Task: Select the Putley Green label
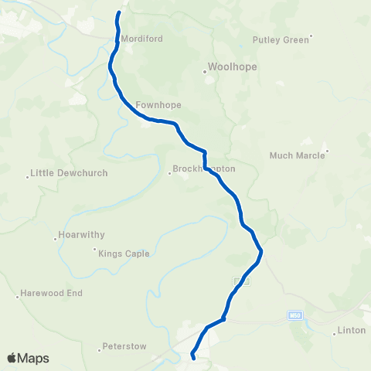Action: pyautogui.click(x=280, y=39)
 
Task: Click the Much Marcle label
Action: pyautogui.click(x=295, y=155)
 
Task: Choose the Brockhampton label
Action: pyautogui.click(x=204, y=168)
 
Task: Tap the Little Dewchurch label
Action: pyautogui.click(x=68, y=173)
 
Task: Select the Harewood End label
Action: pyautogui.click(x=52, y=294)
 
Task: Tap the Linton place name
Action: pyautogui.click(x=352, y=331)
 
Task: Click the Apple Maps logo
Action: pyautogui.click(x=28, y=358)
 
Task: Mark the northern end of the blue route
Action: pyautogui.click(x=118, y=13)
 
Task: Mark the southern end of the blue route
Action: pyautogui.click(x=192, y=358)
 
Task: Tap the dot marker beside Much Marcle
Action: pyautogui.click(x=328, y=151)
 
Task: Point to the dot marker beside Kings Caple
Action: pyautogui.click(x=95, y=249)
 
